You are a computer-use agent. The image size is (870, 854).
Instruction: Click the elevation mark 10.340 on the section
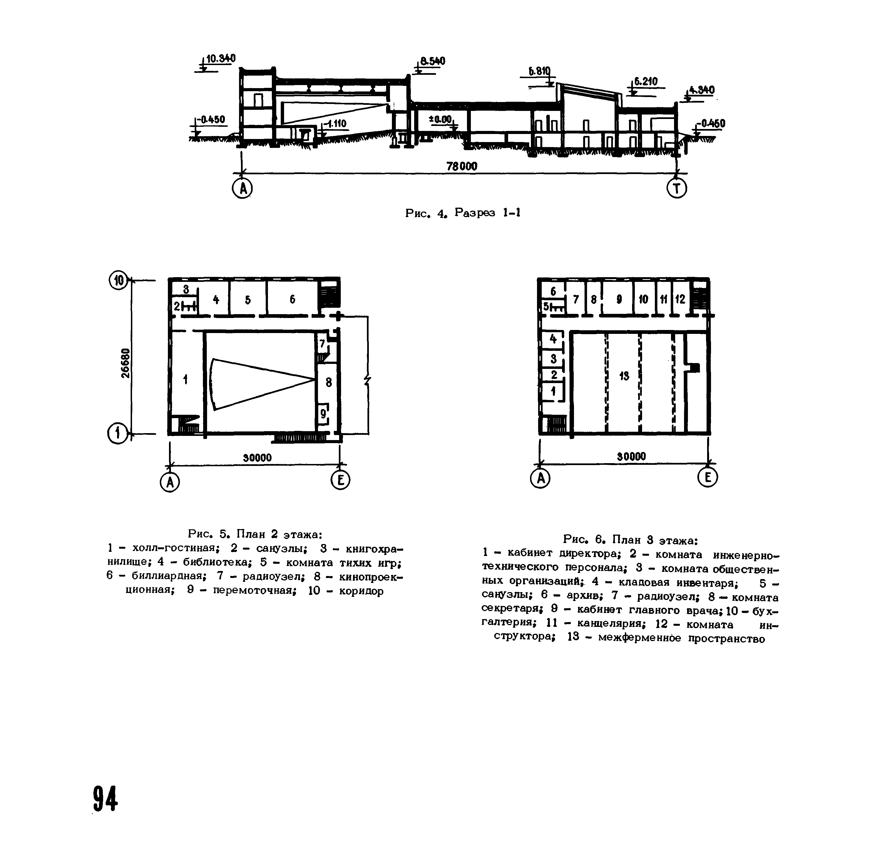[x=220, y=59]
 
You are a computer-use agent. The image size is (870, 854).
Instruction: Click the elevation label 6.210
[x=646, y=82]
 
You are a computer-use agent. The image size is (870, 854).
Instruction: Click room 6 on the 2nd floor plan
[x=292, y=299]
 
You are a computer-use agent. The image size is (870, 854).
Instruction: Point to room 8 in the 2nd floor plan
[x=329, y=382]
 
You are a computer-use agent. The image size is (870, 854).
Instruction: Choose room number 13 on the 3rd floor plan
[x=624, y=377]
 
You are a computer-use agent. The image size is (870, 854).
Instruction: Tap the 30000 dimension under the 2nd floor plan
[x=257, y=458]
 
